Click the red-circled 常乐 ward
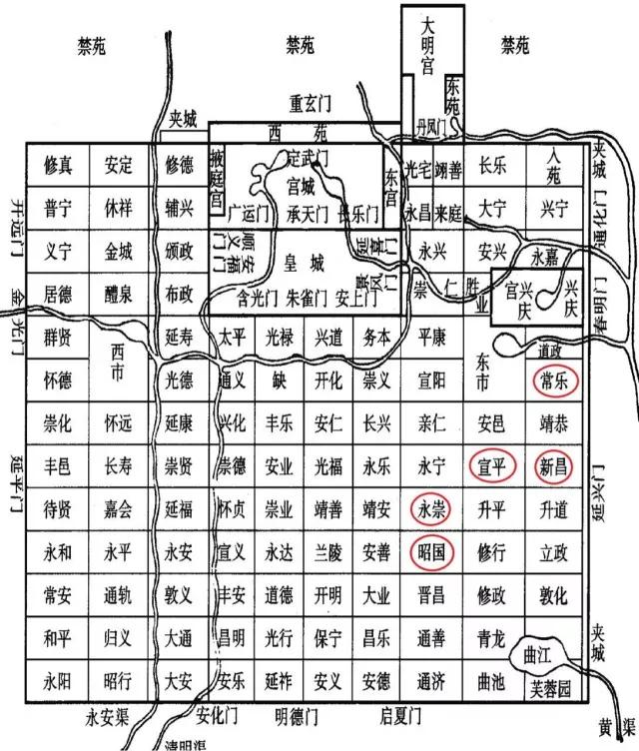[x=553, y=380]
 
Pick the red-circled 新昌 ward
[x=553, y=466]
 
